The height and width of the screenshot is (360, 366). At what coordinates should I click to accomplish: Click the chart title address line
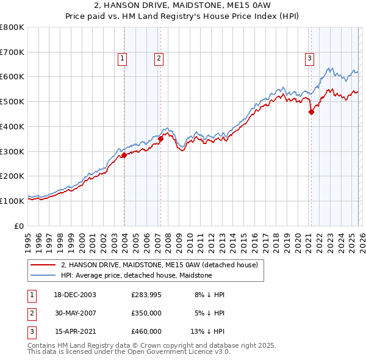[x=183, y=7]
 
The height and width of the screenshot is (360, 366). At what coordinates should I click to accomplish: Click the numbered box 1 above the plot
[x=122, y=59]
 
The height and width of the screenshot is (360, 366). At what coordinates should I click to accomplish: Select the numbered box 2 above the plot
[x=158, y=59]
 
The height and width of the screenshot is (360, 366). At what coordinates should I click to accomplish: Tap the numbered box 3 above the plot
[x=309, y=59]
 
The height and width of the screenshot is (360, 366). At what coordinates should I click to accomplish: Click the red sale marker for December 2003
[x=124, y=155]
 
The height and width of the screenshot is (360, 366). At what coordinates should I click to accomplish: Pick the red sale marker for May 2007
[x=161, y=139]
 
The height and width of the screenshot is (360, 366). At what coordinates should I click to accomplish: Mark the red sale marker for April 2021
[x=311, y=112]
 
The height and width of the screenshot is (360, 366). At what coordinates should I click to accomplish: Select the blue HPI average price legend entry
[x=136, y=275]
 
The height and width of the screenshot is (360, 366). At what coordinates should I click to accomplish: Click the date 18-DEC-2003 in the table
[x=76, y=295]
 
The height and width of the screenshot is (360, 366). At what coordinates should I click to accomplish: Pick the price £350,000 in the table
[x=146, y=313]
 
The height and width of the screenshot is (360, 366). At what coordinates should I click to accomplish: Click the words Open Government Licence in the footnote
[x=180, y=352]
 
